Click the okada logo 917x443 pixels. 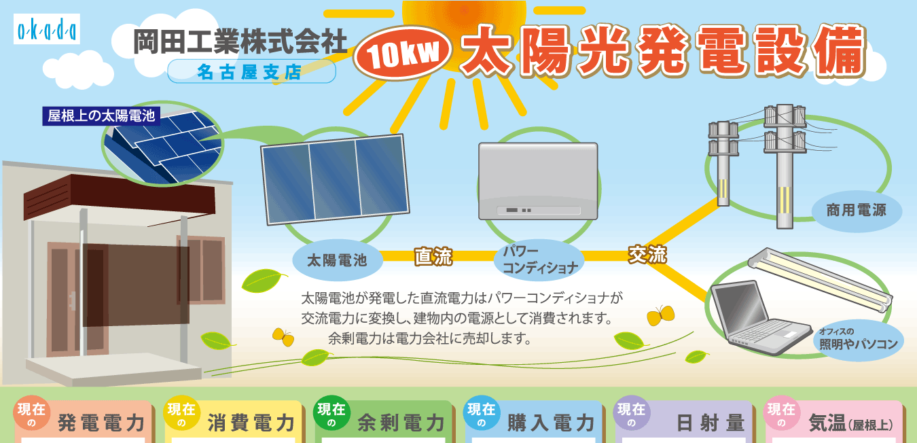[x=47, y=29]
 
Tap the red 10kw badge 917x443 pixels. [x=403, y=54]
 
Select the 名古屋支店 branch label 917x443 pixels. [x=251, y=71]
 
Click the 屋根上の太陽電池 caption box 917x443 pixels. [x=101, y=116]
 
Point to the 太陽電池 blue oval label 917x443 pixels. [x=338, y=260]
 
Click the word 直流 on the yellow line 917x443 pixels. [x=433, y=257]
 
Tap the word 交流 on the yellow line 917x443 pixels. [x=647, y=254]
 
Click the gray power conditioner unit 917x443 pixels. [x=538, y=181]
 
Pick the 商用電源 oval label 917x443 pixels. [x=857, y=211]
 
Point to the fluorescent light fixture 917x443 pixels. [x=820, y=280]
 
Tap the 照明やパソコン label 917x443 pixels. [x=858, y=340]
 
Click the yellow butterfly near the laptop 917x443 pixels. [x=660, y=315]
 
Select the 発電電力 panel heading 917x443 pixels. [x=101, y=423]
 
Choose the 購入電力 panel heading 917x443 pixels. [x=551, y=423]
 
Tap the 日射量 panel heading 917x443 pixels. [x=711, y=423]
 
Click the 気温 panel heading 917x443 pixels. [x=850, y=423]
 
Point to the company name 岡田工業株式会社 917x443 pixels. [x=240, y=41]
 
